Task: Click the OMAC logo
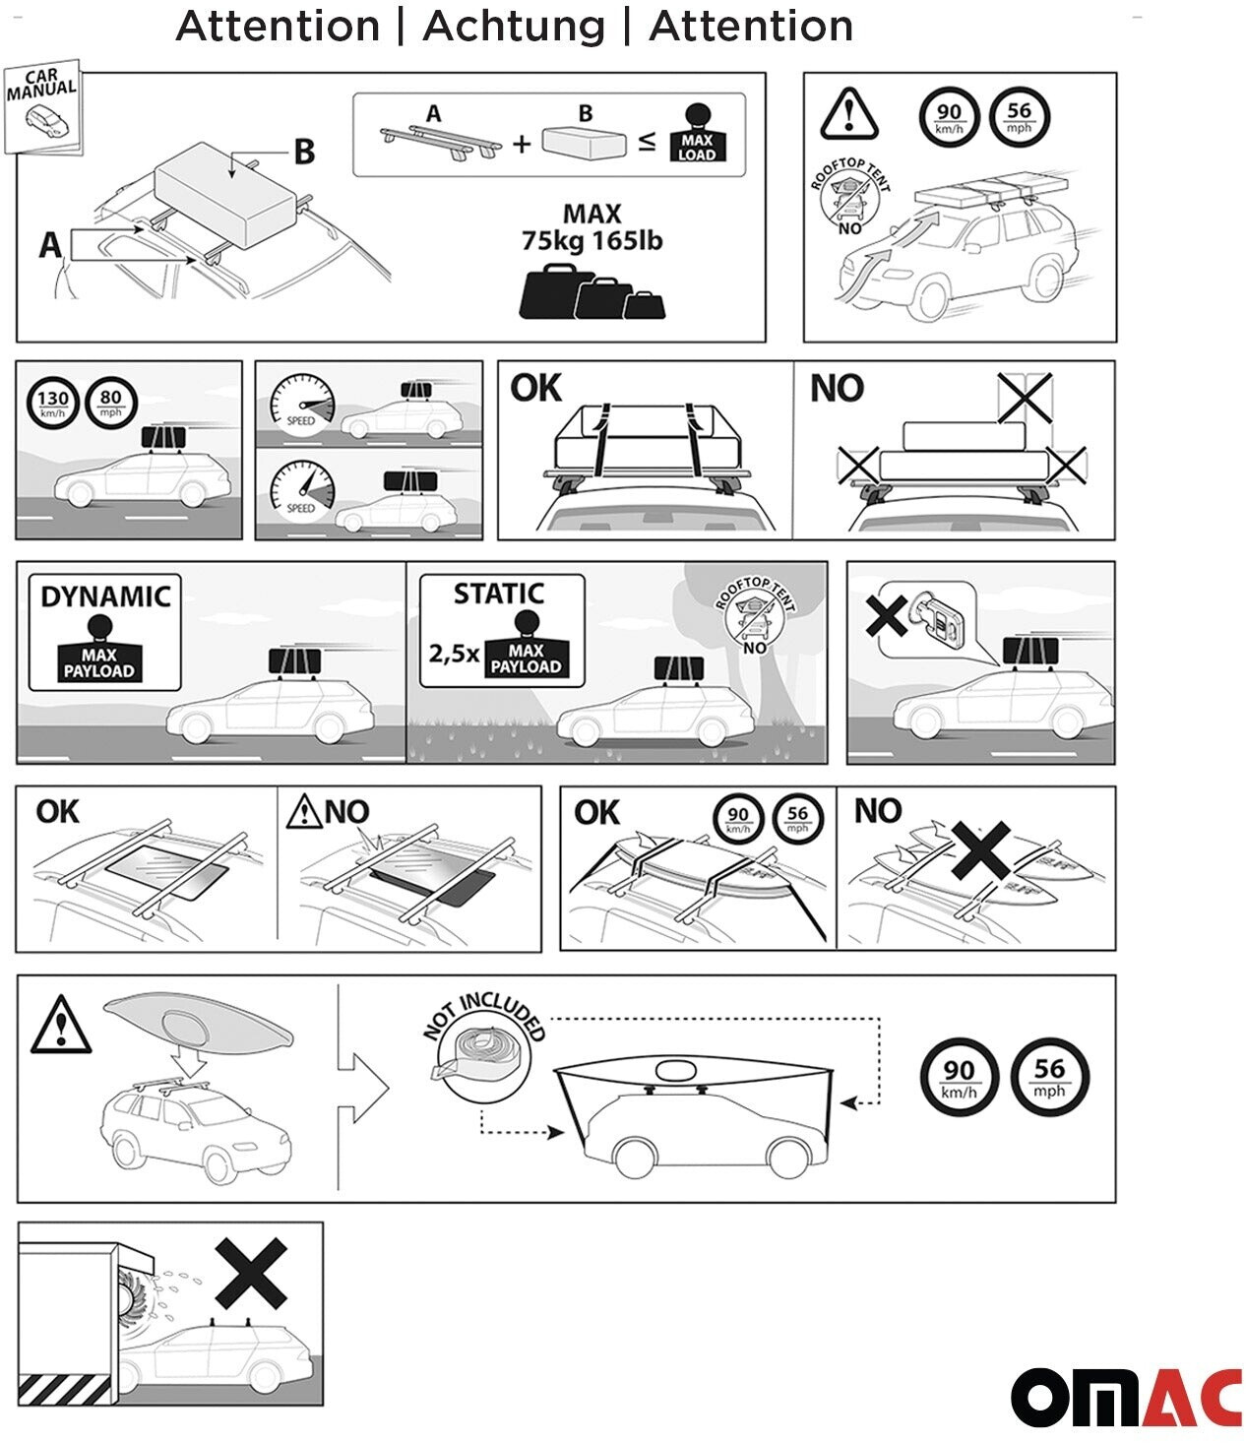[1126, 1396]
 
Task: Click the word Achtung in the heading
[513, 27]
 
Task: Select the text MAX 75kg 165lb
[592, 227]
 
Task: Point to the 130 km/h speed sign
[52, 404]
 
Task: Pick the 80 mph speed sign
[110, 404]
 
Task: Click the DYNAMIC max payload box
[104, 633]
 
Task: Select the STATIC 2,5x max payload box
[502, 632]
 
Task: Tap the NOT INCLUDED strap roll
[484, 1053]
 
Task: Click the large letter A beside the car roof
[50, 244]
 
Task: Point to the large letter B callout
[304, 152]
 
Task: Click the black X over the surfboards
[978, 851]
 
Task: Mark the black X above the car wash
[251, 1273]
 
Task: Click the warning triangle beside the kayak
[61, 1025]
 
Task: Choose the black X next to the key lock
[886, 615]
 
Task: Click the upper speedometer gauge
[303, 404]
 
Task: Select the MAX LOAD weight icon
[697, 134]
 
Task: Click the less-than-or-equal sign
[647, 142]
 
